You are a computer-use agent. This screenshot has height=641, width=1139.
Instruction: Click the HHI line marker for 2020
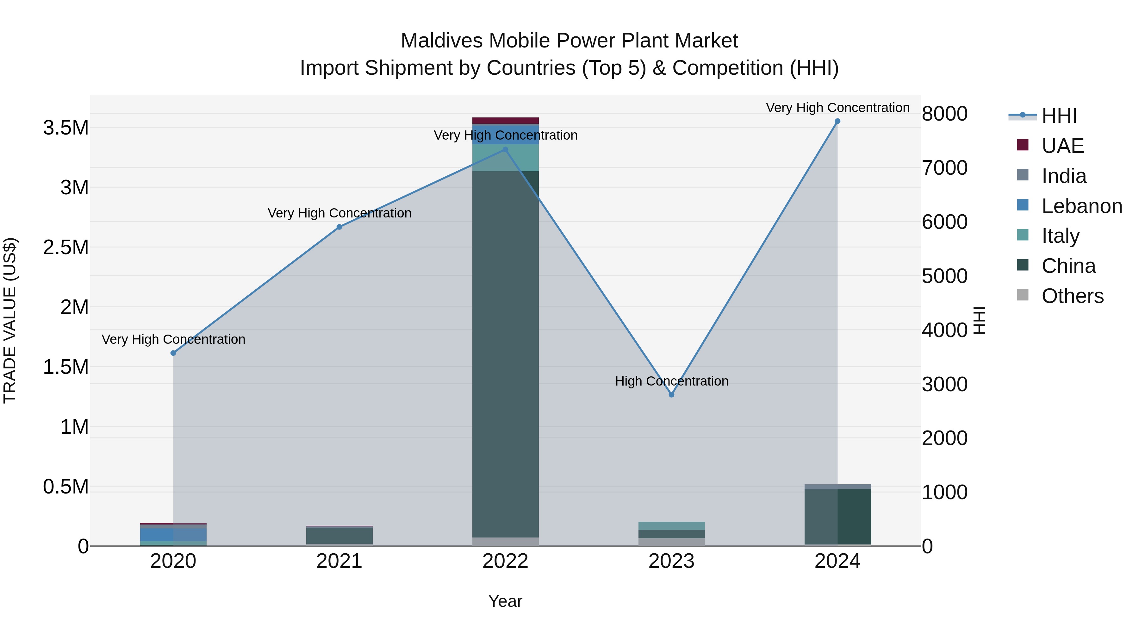click(x=173, y=353)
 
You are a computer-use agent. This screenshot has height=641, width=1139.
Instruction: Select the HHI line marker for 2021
click(x=339, y=227)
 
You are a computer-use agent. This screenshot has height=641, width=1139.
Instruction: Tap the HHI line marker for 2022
click(x=505, y=149)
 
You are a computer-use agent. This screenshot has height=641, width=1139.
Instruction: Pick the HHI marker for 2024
click(x=837, y=121)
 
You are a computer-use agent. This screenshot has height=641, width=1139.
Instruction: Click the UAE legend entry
click(x=1062, y=146)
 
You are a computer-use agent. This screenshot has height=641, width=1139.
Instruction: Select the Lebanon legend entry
click(x=1081, y=206)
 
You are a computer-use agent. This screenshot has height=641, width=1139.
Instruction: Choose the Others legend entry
click(x=1072, y=296)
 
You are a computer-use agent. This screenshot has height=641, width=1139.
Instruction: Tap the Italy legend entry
click(x=1060, y=236)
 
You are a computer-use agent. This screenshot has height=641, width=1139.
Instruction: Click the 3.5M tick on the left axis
click(x=66, y=128)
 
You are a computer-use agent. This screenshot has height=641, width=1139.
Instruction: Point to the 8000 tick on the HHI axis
click(x=944, y=114)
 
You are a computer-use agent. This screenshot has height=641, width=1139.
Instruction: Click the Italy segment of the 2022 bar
click(x=505, y=158)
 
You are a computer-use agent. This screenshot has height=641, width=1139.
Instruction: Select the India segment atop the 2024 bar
click(x=837, y=487)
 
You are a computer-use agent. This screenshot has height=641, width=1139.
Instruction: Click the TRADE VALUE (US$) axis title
click(x=10, y=320)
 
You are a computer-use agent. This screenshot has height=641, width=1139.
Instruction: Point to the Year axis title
click(x=505, y=602)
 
